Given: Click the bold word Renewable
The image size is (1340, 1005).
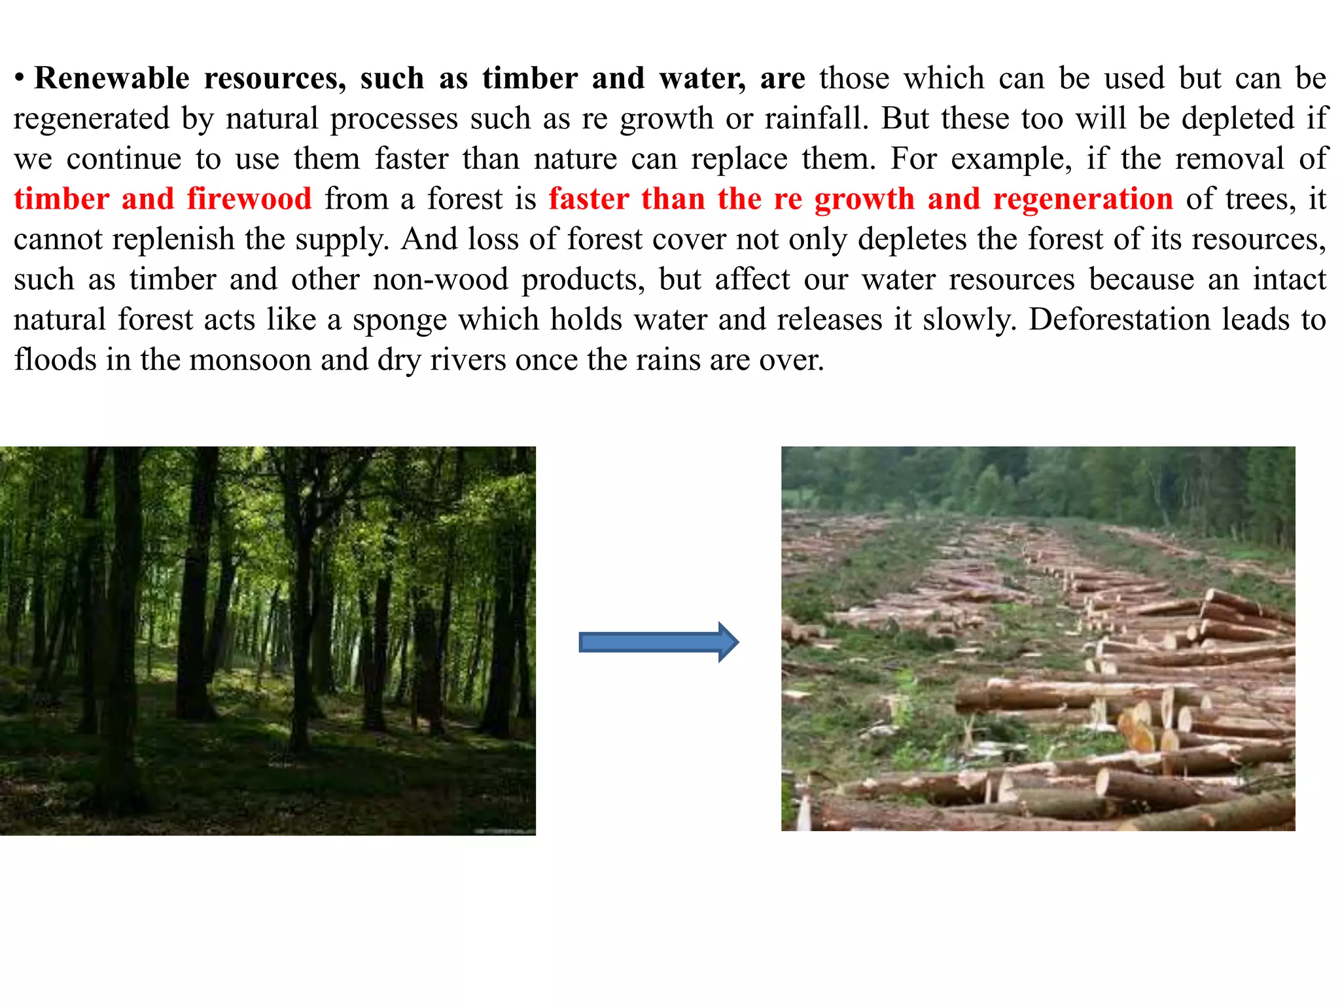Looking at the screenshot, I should coord(112,79).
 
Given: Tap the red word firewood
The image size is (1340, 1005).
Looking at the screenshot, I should coord(249,199).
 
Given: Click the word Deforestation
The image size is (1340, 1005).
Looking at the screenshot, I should coord(1119,320).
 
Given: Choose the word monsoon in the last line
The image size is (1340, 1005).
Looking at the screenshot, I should coord(250,360).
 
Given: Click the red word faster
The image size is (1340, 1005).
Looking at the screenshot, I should coord(589,199).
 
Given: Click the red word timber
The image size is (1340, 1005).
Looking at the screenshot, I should coord(62,199).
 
